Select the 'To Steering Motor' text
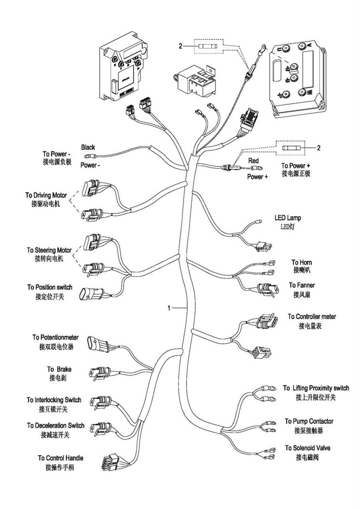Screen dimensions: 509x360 coord(49,250)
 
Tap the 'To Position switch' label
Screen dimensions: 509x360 coord(50,287)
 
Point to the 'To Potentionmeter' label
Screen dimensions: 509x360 coord(56,337)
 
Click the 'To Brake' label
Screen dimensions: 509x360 coord(59,369)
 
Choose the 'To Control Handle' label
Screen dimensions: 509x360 coord(60,458)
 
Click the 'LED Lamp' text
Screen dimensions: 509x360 coord(288,218)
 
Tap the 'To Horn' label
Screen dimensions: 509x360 coord(302,262)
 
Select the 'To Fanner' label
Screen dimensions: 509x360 coord(302,285)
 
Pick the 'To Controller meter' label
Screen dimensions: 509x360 coord(312,317)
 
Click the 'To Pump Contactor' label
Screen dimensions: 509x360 coord(309,421)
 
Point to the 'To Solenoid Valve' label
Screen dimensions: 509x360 coord(307,448)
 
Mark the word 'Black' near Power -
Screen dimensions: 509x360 coord(88,147)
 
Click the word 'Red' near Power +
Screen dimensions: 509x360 coord(254,160)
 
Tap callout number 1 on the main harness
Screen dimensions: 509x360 coord(169,308)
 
